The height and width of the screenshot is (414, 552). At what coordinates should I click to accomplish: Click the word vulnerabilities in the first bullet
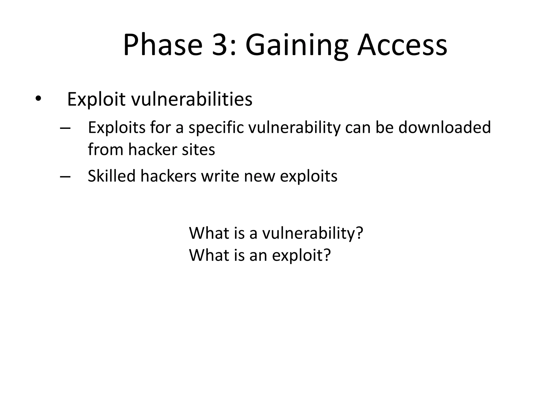pyautogui.click(x=192, y=99)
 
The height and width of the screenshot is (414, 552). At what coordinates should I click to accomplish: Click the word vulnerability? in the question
pyautogui.click(x=313, y=233)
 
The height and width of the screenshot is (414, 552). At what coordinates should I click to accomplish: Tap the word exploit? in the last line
pyautogui.click(x=301, y=256)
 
